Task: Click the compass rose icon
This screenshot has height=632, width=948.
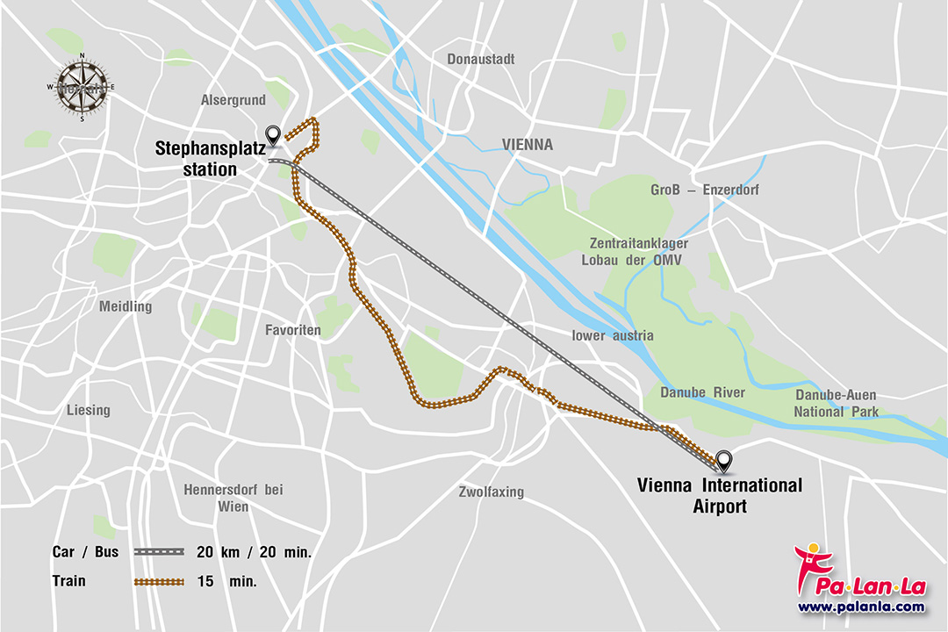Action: point(82,87)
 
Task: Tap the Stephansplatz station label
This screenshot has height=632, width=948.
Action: point(210,158)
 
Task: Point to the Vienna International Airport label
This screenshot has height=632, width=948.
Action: point(719,495)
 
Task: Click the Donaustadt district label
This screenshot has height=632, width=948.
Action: point(481,60)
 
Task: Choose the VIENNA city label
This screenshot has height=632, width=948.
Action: point(528,145)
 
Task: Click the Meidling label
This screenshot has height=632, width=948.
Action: point(126,306)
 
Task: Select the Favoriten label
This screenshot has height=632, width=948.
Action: point(293,330)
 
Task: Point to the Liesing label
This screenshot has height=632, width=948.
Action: point(89,410)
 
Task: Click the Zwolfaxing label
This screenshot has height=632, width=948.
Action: point(491,492)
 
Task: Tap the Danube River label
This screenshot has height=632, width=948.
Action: point(702,392)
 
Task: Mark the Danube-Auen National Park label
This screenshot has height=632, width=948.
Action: point(835,403)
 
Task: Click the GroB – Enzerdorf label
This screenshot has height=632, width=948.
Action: point(704,190)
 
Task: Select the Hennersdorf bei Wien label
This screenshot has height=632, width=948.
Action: point(233,498)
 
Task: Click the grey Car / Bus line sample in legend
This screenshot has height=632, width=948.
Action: point(159,552)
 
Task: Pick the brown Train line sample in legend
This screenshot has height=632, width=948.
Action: point(159,582)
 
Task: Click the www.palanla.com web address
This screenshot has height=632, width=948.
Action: point(860,607)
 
